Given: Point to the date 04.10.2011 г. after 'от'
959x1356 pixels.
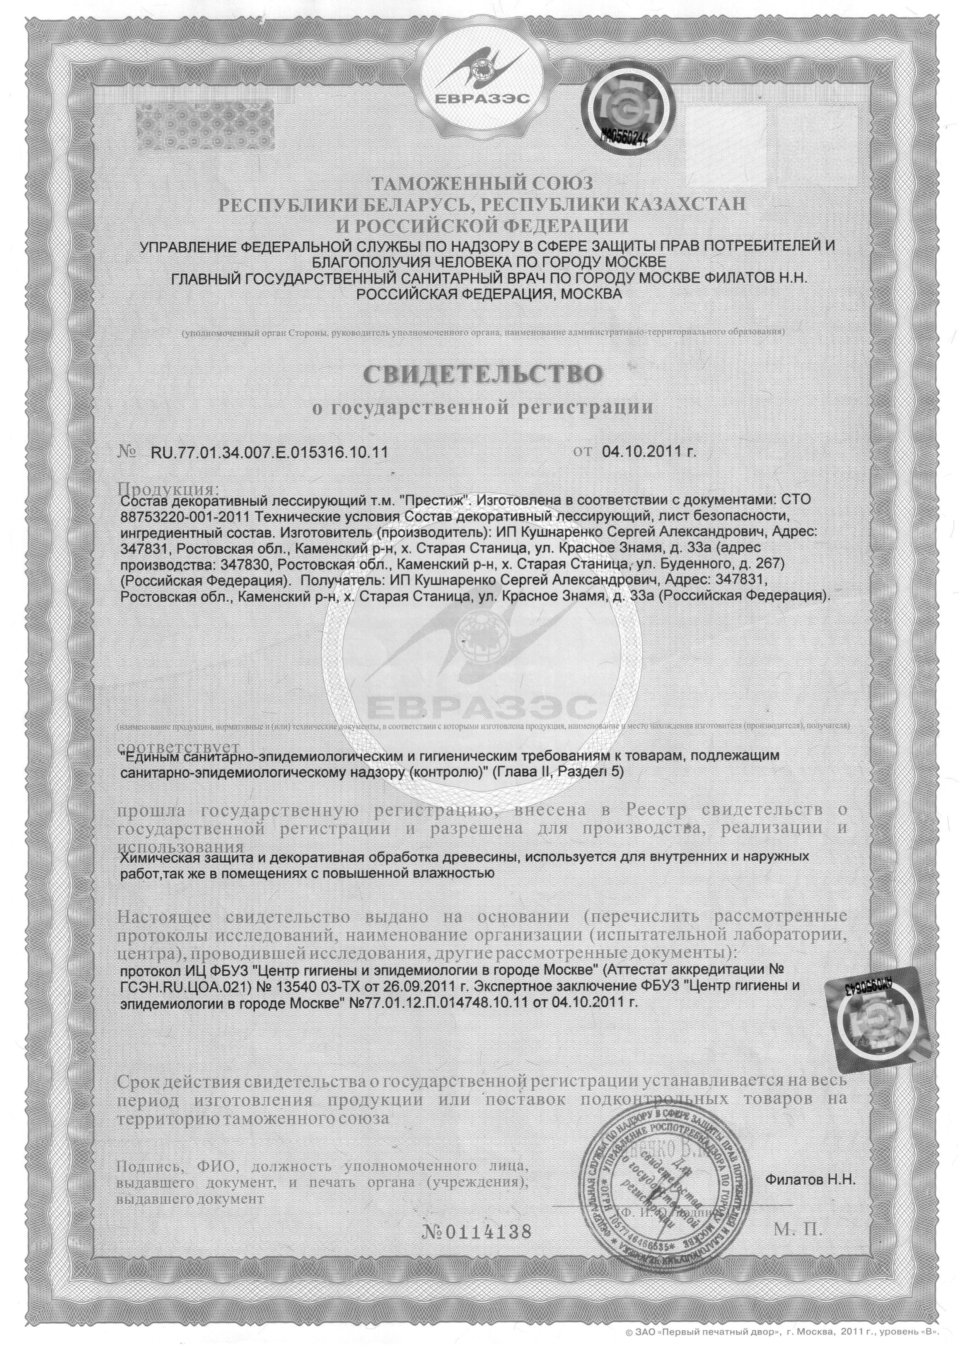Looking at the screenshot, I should tap(649, 452).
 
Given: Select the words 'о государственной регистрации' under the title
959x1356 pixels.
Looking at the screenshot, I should tap(483, 408).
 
